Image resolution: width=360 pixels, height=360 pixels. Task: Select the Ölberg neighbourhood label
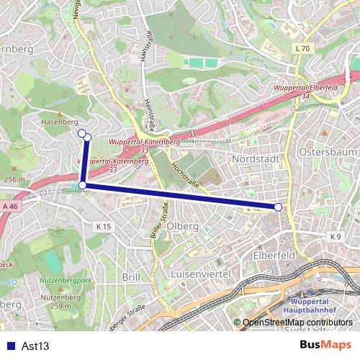coord(182,226)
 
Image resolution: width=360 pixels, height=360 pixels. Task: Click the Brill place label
coord(132,277)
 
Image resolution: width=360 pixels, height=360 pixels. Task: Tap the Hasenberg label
coord(59,122)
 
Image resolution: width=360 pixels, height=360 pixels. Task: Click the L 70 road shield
coord(302,48)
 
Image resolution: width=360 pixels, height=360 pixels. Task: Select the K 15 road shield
coord(104,226)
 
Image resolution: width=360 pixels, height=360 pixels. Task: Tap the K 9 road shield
coord(336,237)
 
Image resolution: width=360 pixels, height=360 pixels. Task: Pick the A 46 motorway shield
coord(9,207)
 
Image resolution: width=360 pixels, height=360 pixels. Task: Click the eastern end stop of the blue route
coord(278,207)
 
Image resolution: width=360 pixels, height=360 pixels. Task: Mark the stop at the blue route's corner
coord(83,186)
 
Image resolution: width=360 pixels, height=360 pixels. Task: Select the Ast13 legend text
coord(35,346)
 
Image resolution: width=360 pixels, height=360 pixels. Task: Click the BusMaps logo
coord(325,345)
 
